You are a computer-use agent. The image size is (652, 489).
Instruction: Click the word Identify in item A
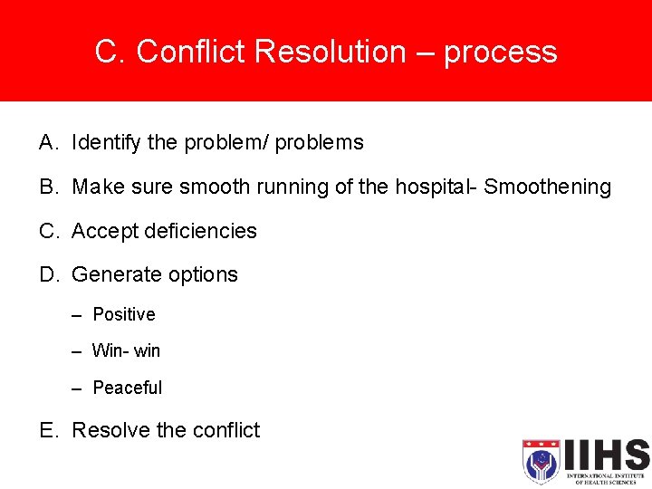[101, 143]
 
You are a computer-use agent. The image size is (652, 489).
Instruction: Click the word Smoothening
[548, 187]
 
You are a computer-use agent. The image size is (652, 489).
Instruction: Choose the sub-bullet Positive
[124, 315]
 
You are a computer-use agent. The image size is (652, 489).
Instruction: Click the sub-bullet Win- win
[126, 350]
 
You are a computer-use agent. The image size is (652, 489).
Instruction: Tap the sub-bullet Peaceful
[128, 388]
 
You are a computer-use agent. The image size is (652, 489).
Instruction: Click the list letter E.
[47, 430]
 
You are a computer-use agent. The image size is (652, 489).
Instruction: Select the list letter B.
[47, 187]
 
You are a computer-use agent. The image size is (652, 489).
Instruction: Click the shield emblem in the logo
[541, 461]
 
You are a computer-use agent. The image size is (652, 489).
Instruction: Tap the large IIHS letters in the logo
[605, 455]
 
